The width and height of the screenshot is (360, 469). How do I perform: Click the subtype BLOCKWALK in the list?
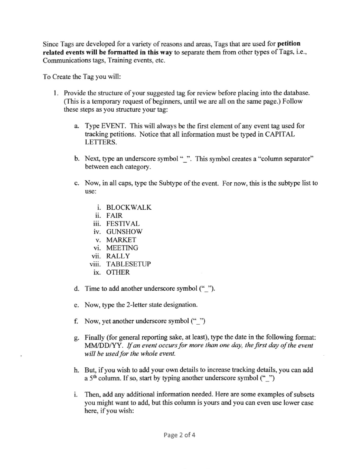coord(129,207)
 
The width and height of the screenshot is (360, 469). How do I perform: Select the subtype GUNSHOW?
coord(124,231)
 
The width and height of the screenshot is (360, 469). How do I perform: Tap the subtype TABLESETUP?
coord(129,264)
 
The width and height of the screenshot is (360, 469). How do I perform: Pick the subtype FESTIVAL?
coord(123,223)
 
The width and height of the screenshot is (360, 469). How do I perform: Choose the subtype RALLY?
coord(118,256)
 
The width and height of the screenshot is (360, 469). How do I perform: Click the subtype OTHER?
coord(118,272)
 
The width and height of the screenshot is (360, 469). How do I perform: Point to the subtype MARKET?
coord(121,240)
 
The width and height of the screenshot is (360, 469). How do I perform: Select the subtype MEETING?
coord(122,248)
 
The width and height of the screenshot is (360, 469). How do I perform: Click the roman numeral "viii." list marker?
coord(96,264)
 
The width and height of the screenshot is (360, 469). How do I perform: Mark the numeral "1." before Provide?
coord(56,93)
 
